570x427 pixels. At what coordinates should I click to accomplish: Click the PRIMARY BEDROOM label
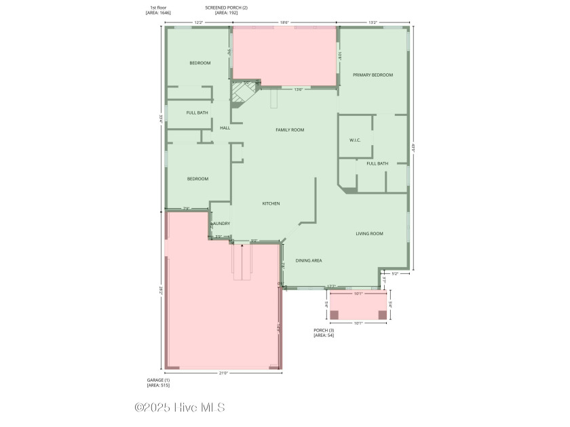(x=373, y=75)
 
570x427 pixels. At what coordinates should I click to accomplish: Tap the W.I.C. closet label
(x=355, y=140)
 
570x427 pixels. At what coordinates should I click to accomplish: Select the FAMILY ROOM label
(x=290, y=129)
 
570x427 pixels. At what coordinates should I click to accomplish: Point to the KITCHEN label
(x=271, y=203)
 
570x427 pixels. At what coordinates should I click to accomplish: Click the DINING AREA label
(x=309, y=260)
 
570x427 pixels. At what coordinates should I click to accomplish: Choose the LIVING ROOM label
(x=370, y=234)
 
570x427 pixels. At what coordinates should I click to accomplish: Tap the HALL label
(x=225, y=127)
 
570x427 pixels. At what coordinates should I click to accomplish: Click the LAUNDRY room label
(x=221, y=224)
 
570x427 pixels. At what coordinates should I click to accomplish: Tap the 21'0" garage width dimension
(x=223, y=373)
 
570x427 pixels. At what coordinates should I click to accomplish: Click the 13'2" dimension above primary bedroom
(x=373, y=22)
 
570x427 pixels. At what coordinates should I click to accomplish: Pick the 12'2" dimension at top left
(x=199, y=22)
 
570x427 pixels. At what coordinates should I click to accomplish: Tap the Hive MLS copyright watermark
(x=180, y=407)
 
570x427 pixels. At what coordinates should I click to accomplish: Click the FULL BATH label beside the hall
(x=197, y=113)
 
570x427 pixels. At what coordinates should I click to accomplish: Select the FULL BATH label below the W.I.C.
(x=377, y=163)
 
